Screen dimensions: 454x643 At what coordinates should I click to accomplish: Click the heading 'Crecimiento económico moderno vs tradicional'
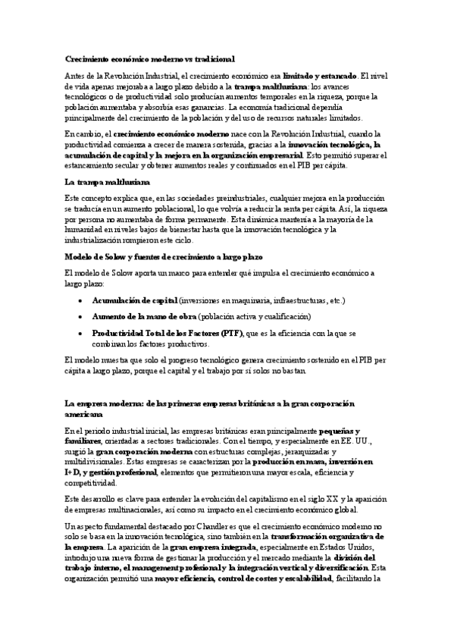(x=149, y=58)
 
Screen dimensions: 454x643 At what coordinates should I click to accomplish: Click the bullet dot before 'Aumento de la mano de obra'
(x=81, y=316)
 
